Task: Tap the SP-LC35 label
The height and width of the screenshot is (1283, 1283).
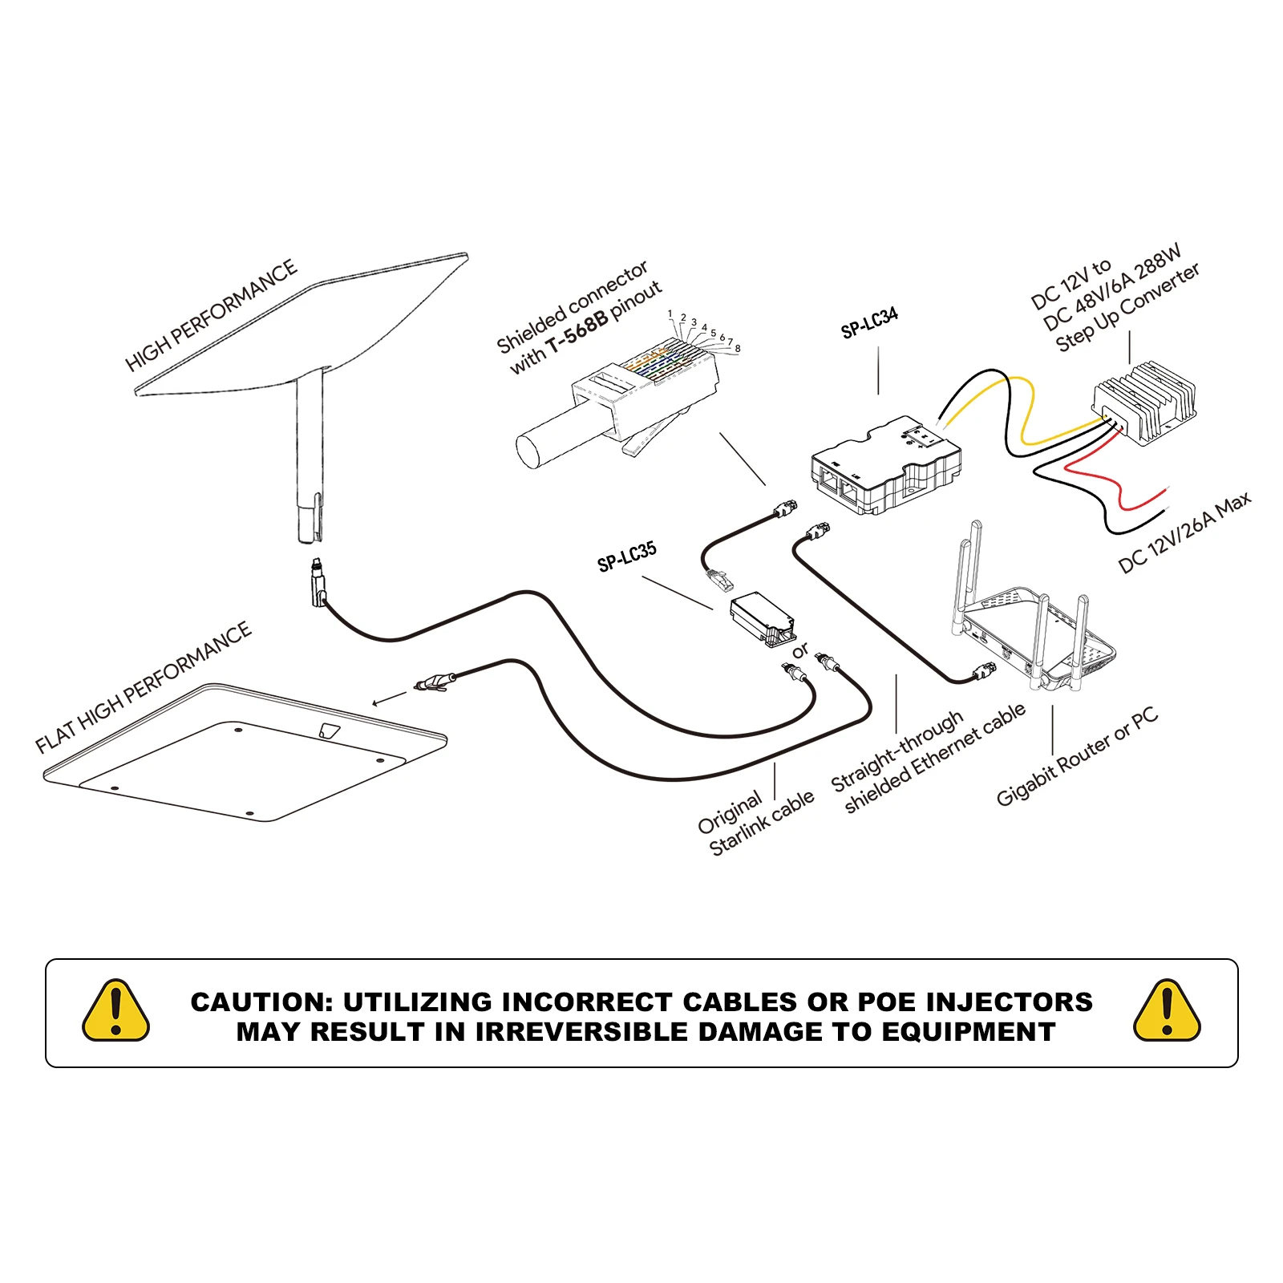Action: (x=626, y=556)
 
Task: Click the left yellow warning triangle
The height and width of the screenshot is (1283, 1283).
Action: (x=116, y=1011)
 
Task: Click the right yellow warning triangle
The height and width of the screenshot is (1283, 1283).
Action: (x=1167, y=1011)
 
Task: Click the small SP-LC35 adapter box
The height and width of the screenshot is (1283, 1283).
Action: (x=760, y=617)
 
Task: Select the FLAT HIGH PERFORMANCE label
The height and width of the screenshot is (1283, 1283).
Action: (x=144, y=687)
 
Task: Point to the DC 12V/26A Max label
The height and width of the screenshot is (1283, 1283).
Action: (x=1184, y=532)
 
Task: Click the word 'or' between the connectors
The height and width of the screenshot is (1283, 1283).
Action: (x=799, y=651)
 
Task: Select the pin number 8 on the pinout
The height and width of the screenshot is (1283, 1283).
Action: (x=738, y=349)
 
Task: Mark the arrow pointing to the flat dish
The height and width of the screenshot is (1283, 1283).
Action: (x=390, y=699)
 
